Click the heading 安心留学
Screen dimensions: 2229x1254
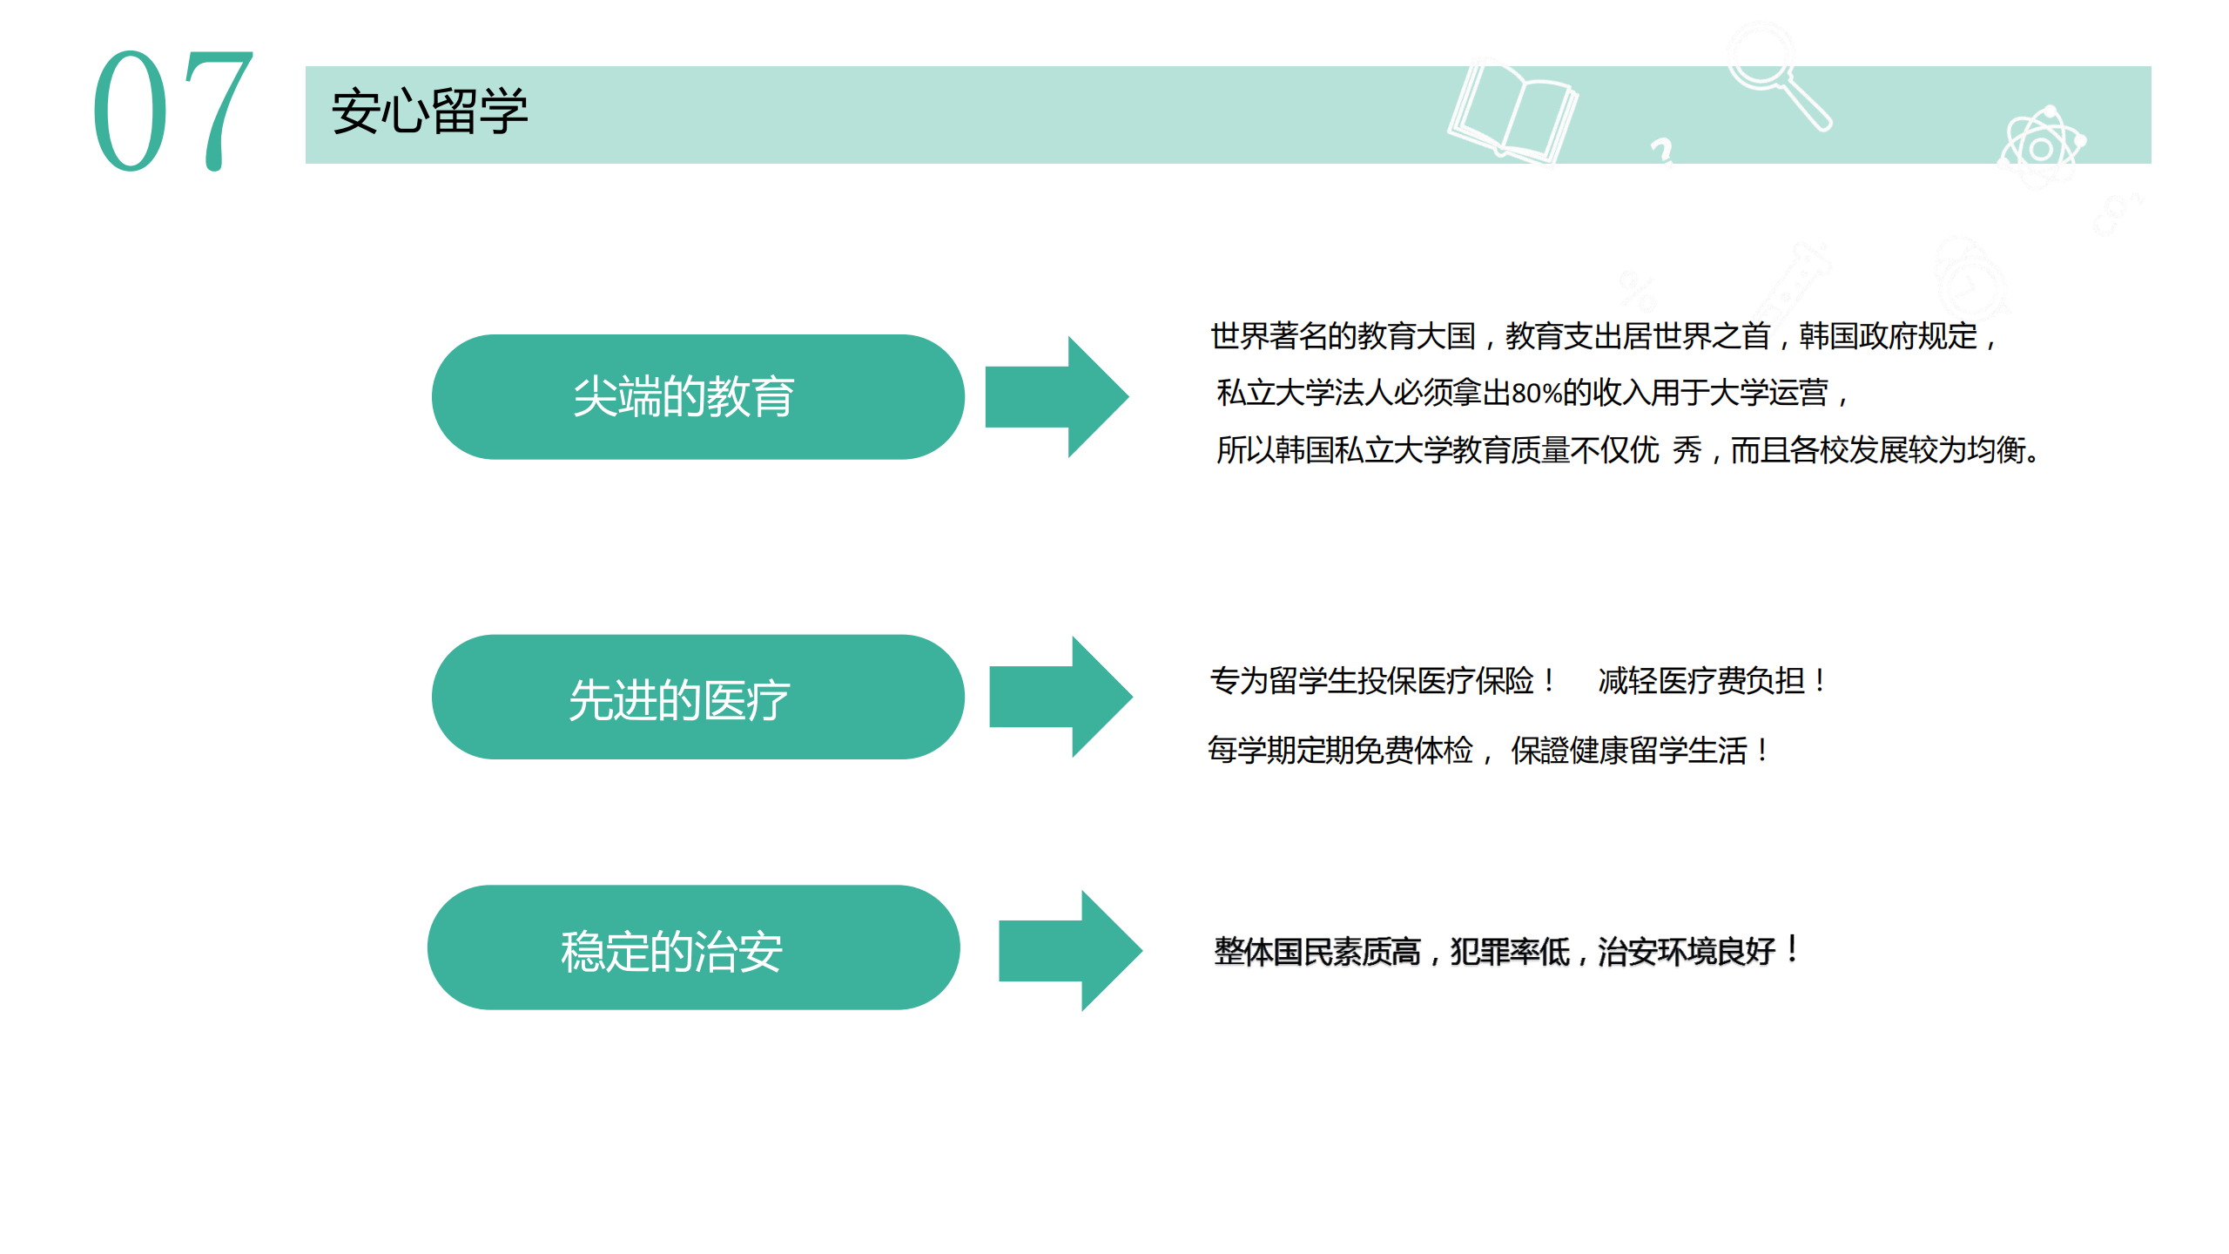(430, 111)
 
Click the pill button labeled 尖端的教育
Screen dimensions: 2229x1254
(697, 397)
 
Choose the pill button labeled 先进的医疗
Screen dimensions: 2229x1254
(697, 697)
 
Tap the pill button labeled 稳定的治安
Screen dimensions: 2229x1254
(694, 947)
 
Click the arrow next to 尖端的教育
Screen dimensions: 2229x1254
(1057, 397)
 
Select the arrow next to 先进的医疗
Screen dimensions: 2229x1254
(1061, 697)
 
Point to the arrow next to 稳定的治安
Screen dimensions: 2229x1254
(1070, 950)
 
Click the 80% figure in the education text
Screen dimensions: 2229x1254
(1537, 394)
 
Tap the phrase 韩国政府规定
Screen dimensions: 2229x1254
(1888, 336)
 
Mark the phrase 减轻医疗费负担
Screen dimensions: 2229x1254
(1701, 680)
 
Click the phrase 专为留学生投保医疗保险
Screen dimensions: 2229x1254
(1371, 680)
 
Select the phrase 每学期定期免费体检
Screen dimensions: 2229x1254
(1340, 750)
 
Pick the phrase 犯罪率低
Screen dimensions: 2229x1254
(1510, 951)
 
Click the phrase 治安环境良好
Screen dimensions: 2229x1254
(1687, 951)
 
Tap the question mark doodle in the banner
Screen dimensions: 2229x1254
(1662, 151)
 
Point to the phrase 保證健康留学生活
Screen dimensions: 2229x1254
(1629, 750)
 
